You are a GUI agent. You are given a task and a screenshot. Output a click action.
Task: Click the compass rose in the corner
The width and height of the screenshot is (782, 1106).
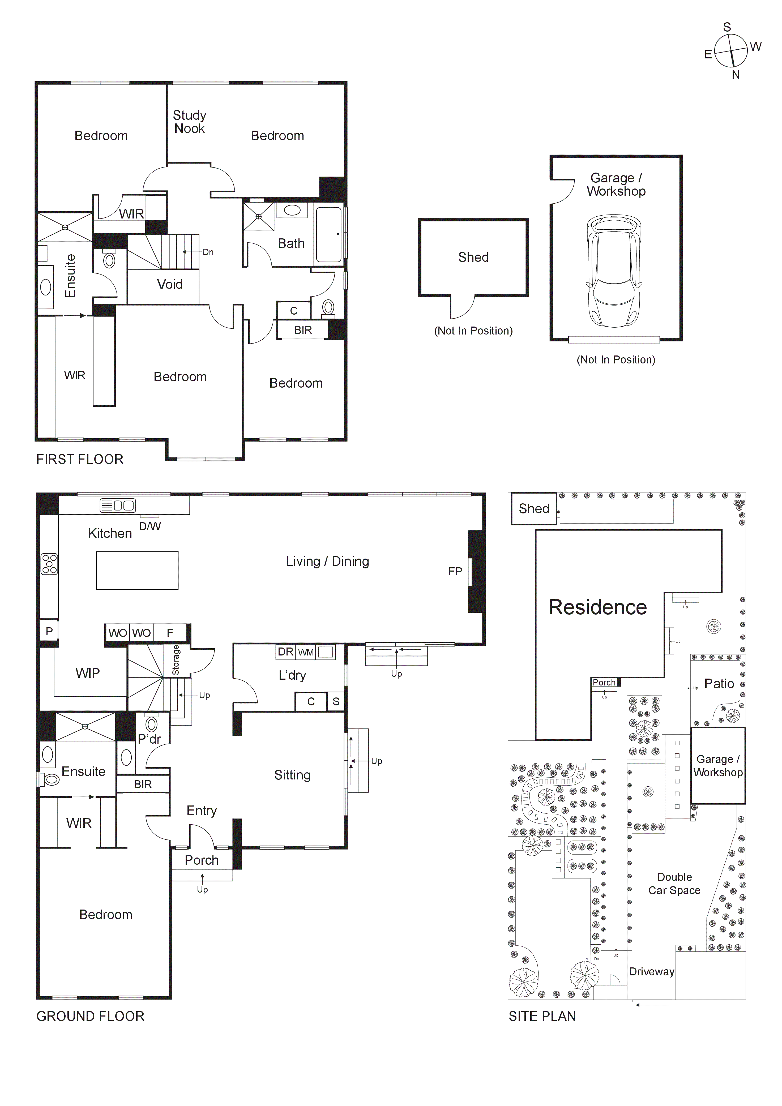[x=730, y=51]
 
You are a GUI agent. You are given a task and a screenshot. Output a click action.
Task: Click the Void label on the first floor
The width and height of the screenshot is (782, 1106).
[x=170, y=285]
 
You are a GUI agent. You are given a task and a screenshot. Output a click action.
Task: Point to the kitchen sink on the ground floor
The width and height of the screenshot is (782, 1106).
[x=118, y=505]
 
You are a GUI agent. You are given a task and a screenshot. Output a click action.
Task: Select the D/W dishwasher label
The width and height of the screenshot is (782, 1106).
[x=149, y=526]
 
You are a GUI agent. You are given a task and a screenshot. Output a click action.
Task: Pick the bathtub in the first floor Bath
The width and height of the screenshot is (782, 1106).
[x=329, y=235]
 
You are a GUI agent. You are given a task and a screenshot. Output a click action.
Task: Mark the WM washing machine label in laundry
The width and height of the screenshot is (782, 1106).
[x=306, y=653]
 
